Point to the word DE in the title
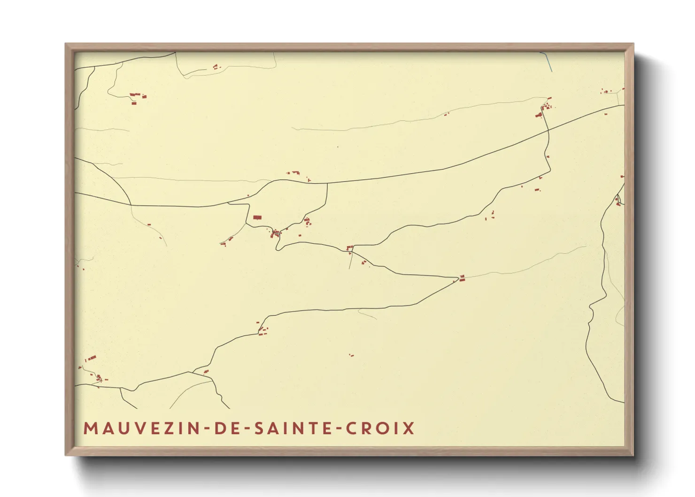224,428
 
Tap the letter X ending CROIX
409,428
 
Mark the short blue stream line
548,62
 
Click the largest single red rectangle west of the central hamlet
257,217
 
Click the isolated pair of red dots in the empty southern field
351,355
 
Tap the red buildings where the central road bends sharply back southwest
462,278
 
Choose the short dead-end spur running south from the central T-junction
350,261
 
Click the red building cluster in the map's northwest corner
137,97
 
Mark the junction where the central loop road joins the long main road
327,183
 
